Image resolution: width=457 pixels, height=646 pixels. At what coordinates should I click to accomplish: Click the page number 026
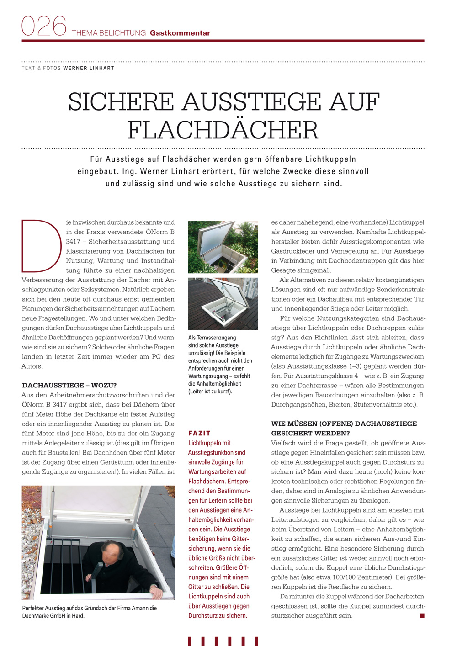point(44,26)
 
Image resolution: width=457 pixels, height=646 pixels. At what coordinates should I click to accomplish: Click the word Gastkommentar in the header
point(180,33)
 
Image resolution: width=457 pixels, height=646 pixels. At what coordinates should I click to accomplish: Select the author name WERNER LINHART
point(89,68)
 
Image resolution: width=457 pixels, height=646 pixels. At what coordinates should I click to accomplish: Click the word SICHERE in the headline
point(121,102)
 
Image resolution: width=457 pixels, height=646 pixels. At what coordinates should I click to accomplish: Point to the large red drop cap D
point(41,246)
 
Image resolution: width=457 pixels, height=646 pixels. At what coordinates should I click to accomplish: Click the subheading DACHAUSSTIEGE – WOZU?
point(69,385)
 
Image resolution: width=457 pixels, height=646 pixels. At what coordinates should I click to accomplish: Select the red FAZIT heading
point(199,433)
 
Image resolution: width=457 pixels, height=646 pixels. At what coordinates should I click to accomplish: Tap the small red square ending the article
point(422,615)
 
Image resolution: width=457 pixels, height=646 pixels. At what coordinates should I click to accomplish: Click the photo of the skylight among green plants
point(223,247)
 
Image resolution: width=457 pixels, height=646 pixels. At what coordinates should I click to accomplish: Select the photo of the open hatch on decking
point(223,304)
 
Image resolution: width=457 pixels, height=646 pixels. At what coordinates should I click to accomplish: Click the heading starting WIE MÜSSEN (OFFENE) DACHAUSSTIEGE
point(344,424)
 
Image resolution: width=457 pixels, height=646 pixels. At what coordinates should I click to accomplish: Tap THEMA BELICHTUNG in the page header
point(109,33)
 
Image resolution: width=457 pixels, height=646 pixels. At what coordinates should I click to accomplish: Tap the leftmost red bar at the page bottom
point(190,641)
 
